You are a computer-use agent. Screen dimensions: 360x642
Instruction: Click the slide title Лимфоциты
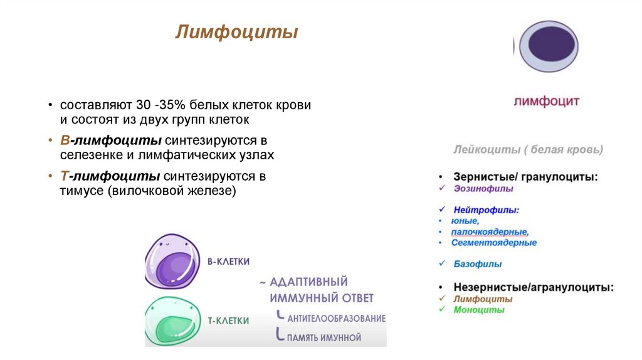point(236,33)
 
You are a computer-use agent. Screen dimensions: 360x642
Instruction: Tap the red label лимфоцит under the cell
point(547,102)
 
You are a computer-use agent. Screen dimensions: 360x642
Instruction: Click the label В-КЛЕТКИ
point(228,262)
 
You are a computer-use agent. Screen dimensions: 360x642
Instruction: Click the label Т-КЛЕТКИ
point(228,320)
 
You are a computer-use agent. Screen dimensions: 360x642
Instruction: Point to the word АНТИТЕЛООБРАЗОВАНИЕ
point(336,319)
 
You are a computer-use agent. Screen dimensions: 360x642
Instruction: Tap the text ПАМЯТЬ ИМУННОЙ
point(324,337)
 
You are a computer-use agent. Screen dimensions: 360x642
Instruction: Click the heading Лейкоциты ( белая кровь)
point(528,150)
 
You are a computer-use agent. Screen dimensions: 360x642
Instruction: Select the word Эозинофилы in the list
point(483,188)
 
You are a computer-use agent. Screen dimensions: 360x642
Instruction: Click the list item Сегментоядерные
point(494,243)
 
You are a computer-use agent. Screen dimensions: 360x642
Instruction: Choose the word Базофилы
point(477,264)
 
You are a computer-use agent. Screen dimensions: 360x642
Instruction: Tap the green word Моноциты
point(479,310)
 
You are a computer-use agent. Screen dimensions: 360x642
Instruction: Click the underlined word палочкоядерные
point(490,232)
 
